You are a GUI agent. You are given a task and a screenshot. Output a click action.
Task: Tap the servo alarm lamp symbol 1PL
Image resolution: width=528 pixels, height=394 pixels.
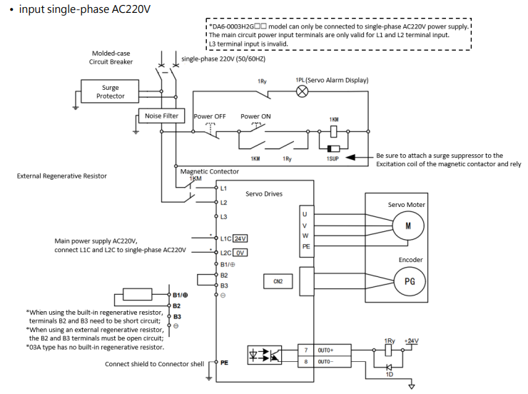click(301, 92)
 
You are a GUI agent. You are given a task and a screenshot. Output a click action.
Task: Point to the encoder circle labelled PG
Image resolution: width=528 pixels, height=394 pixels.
click(409, 281)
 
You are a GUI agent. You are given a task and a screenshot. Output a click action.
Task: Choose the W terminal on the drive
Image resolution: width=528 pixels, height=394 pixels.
click(305, 235)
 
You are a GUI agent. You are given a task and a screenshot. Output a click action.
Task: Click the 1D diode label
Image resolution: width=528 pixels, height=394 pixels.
click(390, 371)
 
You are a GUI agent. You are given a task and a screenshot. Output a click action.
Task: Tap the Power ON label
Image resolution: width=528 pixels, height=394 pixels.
click(255, 116)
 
